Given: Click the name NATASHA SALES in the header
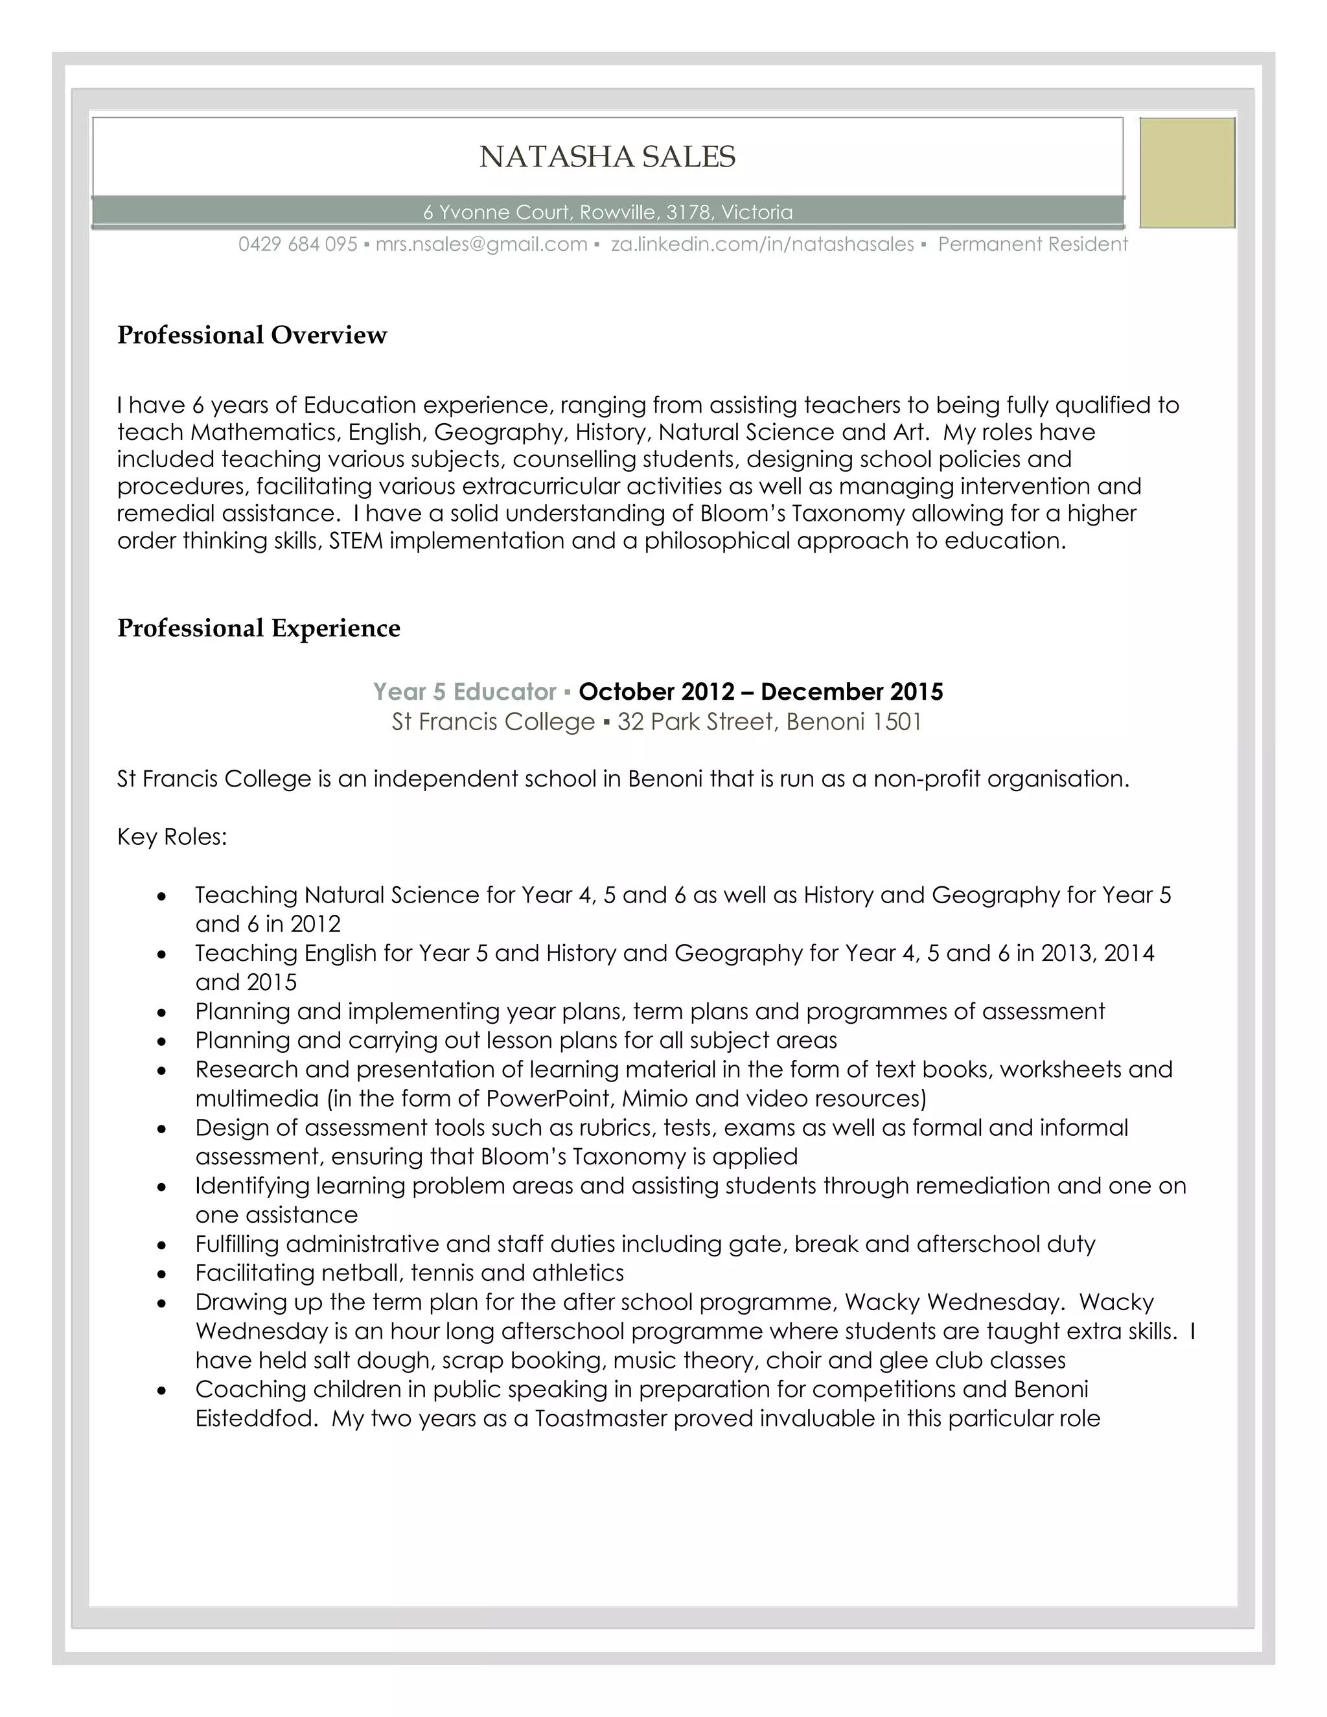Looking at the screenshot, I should tap(607, 157).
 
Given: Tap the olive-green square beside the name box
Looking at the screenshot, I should tap(1187, 173).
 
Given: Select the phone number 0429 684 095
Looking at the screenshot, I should tap(298, 244).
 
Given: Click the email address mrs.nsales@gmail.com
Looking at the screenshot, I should tap(481, 244).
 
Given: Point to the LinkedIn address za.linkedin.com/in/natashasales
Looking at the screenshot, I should tap(762, 244).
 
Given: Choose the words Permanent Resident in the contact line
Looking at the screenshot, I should tap(1032, 244).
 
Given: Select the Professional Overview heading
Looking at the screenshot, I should tap(251, 335).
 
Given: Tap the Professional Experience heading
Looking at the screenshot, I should tap(259, 628).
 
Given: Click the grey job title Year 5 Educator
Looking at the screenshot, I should tap(465, 692).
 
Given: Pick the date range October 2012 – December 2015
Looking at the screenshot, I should tap(760, 692).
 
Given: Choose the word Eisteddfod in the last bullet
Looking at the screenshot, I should tap(255, 1418).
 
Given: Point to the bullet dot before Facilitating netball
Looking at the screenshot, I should tap(162, 1274).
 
